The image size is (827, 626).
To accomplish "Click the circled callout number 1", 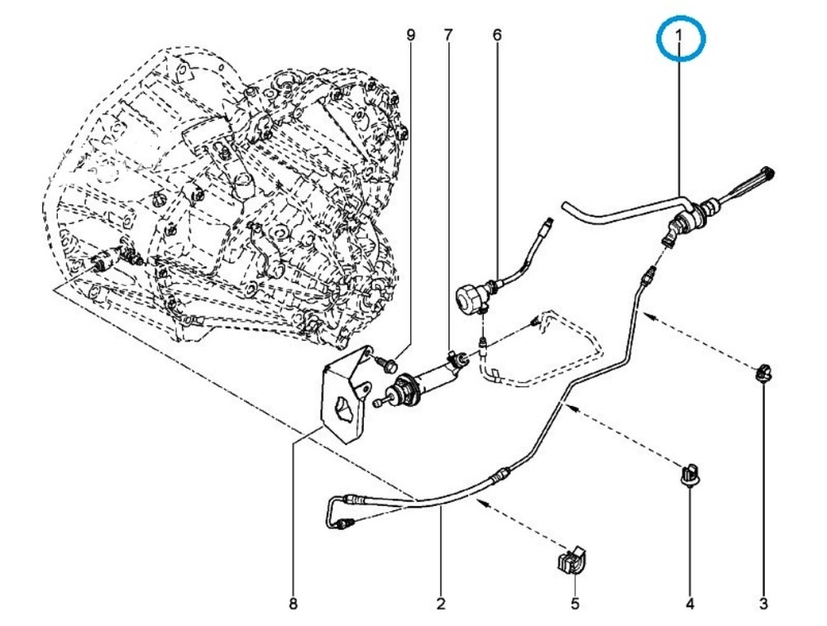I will (679, 38).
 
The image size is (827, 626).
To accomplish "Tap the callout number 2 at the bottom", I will (441, 604).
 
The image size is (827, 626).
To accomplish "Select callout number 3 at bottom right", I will (763, 604).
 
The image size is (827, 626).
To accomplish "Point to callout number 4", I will (690, 604).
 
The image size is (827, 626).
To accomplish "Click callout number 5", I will (575, 604).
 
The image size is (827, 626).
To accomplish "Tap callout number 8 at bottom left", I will (293, 604).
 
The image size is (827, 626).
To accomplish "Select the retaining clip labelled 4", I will (689, 474).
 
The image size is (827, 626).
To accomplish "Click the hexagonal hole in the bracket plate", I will (341, 409).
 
